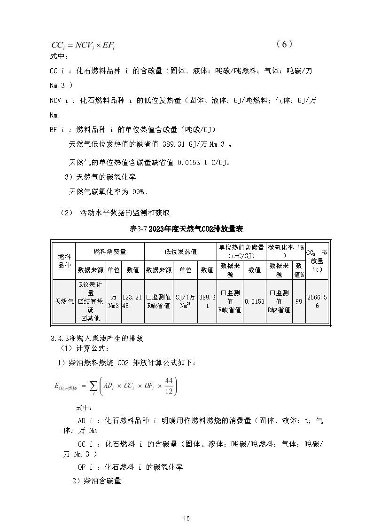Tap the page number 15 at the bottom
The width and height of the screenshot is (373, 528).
pos(186,518)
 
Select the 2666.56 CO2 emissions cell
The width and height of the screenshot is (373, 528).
pos(317,301)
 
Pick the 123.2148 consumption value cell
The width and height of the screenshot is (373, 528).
pos(132,301)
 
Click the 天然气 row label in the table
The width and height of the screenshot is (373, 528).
pos(64,301)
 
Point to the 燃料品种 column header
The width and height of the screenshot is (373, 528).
pos(64,260)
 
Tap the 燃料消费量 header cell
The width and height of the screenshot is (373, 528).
pos(109,252)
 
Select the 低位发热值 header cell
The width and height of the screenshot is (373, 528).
pos(180,252)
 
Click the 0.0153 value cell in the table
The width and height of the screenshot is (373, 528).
pos(254,301)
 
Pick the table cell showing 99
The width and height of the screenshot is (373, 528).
pos(299,301)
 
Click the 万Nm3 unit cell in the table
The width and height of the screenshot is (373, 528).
pos(114,301)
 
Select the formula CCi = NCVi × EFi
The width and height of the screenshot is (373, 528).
pos(84,46)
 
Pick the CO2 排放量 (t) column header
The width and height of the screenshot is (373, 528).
pos(317,260)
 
